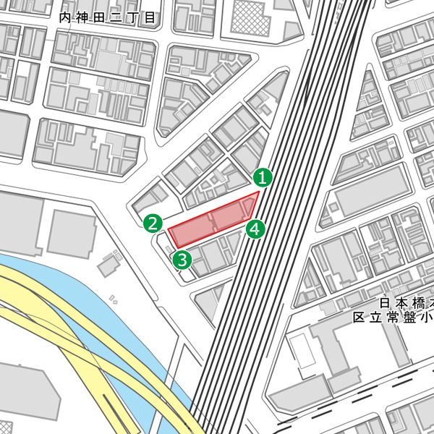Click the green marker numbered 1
[263, 176]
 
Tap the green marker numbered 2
[153, 223]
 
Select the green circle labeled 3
[182, 259]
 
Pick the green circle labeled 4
[255, 230]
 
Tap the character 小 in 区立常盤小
[426, 317]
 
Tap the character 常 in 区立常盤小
[393, 317]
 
